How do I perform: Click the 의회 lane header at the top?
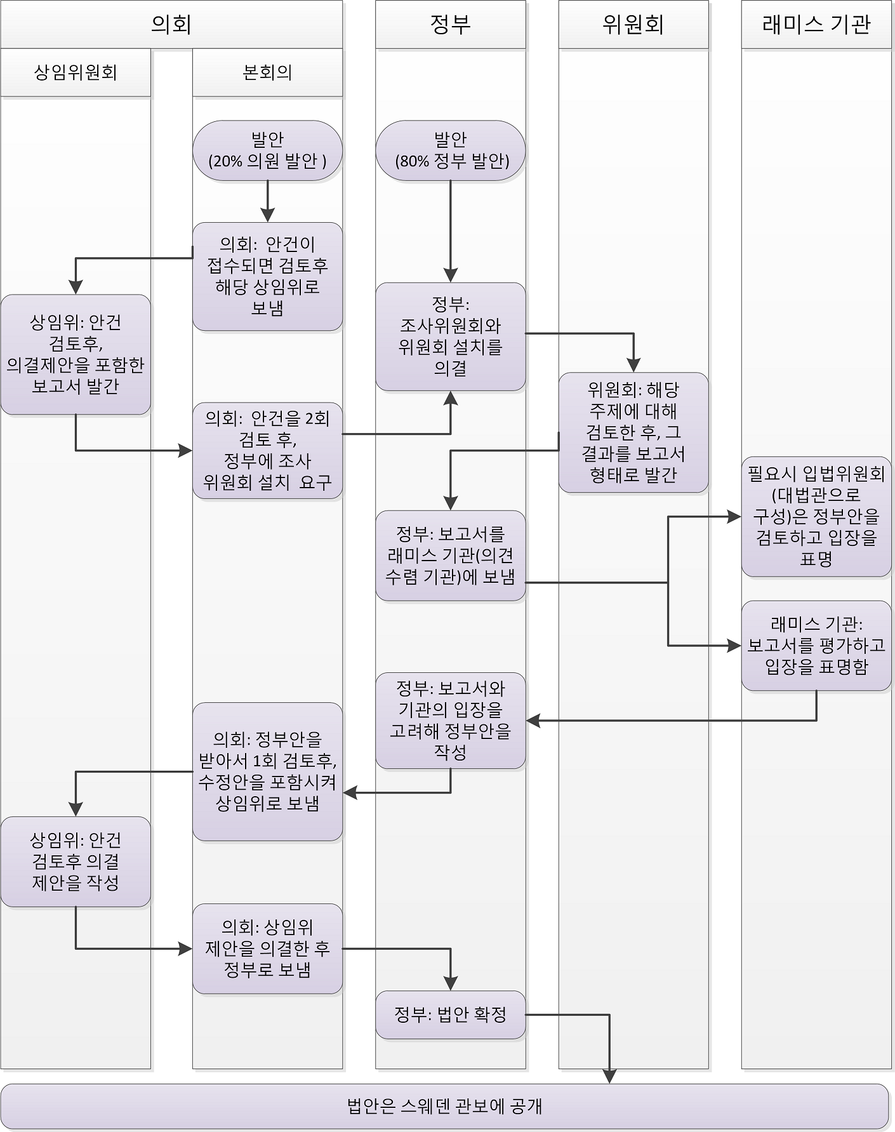click(171, 24)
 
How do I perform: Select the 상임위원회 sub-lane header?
click(76, 72)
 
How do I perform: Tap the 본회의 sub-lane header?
click(267, 72)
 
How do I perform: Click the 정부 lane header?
click(450, 24)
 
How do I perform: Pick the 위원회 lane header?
click(633, 24)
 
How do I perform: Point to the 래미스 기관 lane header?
click(816, 24)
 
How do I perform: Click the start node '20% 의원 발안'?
click(267, 150)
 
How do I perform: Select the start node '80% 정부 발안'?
click(450, 150)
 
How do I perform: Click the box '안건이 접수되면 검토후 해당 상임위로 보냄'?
click(267, 276)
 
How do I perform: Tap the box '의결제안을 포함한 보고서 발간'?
click(76, 354)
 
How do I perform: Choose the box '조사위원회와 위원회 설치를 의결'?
click(450, 336)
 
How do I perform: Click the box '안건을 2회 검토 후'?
click(267, 450)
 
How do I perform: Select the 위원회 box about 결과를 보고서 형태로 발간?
click(633, 432)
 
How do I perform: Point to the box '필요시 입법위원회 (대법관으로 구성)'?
click(816, 516)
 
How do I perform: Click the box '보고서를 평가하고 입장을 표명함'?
click(816, 645)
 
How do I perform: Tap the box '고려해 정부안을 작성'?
click(450, 721)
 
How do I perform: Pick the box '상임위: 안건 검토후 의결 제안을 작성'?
click(76, 861)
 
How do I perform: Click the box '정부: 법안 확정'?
click(450, 1015)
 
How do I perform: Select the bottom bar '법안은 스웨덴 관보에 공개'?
click(444, 1107)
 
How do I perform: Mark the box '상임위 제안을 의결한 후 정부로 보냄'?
click(267, 949)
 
